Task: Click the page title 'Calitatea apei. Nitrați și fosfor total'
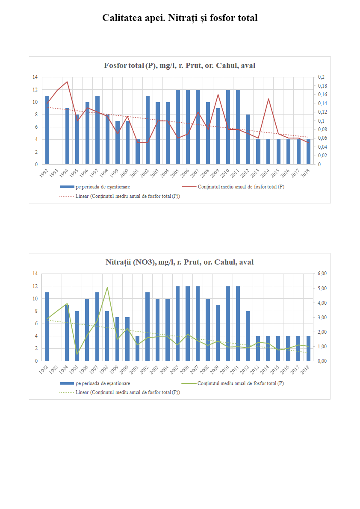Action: pyautogui.click(x=180, y=18)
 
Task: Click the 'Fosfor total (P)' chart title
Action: pyautogui.click(x=180, y=65)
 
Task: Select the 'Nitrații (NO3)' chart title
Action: pyautogui.click(x=180, y=262)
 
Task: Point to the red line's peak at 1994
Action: pyautogui.click(x=67, y=82)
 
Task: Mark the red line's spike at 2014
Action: pyautogui.click(x=269, y=99)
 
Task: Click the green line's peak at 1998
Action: pyautogui.click(x=107, y=287)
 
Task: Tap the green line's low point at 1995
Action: pyautogui.click(x=77, y=354)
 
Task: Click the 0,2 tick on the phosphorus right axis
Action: pyautogui.click(x=321, y=77)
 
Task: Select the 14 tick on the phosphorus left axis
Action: pyautogui.click(x=35, y=77)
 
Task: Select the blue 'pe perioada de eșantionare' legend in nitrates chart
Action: pyautogui.click(x=103, y=383)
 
